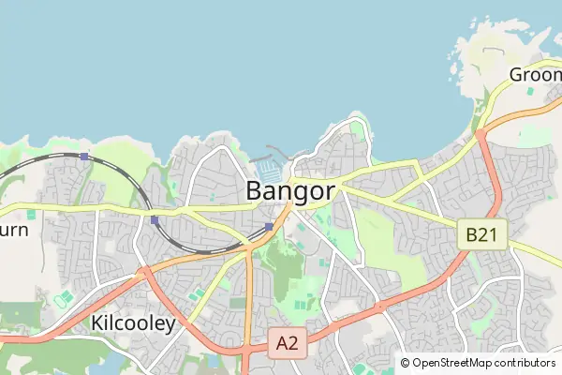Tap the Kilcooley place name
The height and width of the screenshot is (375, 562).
pyautogui.click(x=134, y=323)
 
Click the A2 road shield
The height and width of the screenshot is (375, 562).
pyautogui.click(x=287, y=344)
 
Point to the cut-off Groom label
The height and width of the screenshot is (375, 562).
pyautogui.click(x=535, y=74)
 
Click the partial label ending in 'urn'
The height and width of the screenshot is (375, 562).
pyautogui.click(x=14, y=229)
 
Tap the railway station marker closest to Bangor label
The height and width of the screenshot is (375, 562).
pyautogui.click(x=269, y=227)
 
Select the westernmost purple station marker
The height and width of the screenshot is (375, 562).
pyautogui.click(x=84, y=157)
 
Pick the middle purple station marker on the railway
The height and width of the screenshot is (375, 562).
pyautogui.click(x=155, y=220)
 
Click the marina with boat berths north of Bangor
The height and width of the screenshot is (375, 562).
pyautogui.click(x=269, y=169)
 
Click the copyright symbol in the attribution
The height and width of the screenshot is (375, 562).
pyautogui.click(x=406, y=363)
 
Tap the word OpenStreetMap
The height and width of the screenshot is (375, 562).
pyautogui.click(x=452, y=363)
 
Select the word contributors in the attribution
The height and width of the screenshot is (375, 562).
pyautogui.click(x=525, y=363)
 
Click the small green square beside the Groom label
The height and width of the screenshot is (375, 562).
pyautogui.click(x=529, y=91)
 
